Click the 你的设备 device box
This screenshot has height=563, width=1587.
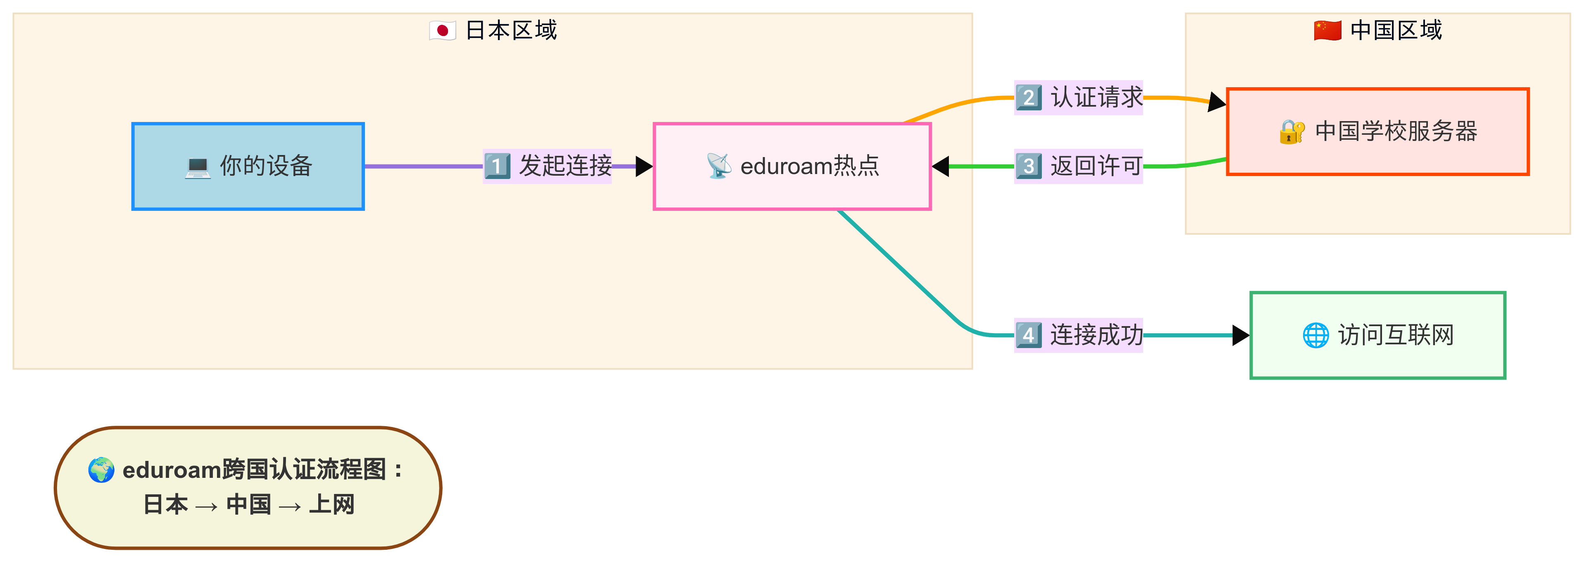click(248, 166)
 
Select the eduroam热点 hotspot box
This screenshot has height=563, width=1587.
click(792, 166)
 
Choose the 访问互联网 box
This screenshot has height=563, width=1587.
click(1377, 335)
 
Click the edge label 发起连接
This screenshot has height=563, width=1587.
click(565, 166)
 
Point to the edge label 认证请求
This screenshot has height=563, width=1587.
click(1096, 97)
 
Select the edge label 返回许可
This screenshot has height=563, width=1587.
click(1096, 166)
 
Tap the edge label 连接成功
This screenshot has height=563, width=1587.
click(1096, 335)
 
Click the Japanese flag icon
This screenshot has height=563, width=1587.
click(442, 30)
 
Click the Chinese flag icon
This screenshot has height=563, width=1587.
click(1327, 30)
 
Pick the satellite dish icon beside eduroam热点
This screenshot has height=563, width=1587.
click(718, 166)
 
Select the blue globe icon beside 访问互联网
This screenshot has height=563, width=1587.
click(1315, 335)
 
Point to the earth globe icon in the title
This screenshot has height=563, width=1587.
click(101, 470)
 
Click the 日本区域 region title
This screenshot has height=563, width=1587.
click(511, 30)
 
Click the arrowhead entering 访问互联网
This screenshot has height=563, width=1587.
click(1241, 335)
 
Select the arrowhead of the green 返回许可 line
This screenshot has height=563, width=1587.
click(941, 166)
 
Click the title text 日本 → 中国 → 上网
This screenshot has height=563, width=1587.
click(248, 504)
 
